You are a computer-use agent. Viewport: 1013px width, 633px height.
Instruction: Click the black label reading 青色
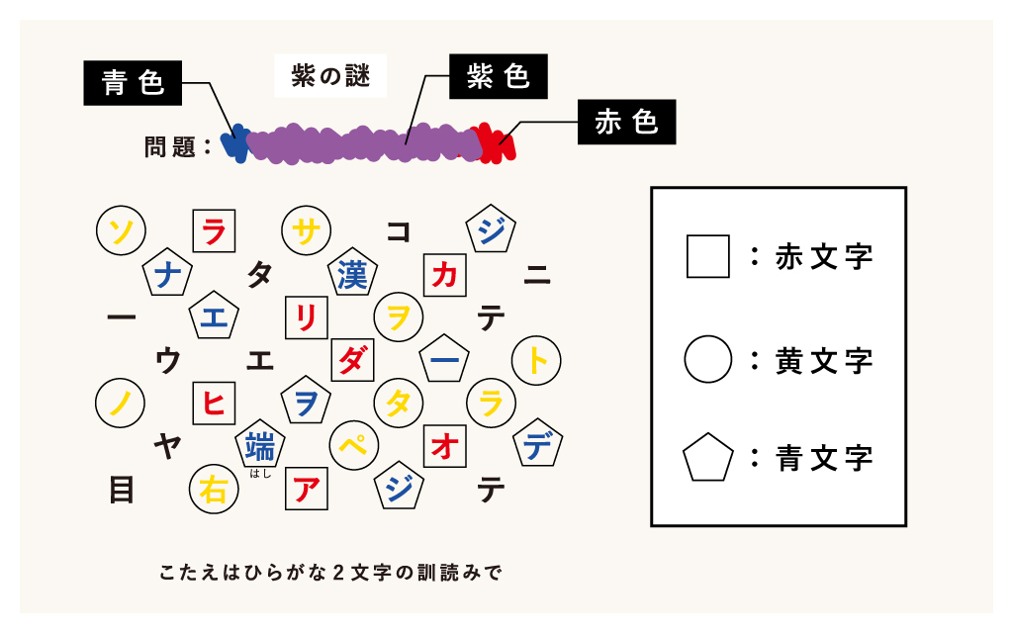pyautogui.click(x=133, y=83)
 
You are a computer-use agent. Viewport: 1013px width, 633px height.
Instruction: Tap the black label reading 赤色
pyautogui.click(x=626, y=122)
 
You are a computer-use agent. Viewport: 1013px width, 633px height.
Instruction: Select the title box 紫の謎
pyautogui.click(x=330, y=75)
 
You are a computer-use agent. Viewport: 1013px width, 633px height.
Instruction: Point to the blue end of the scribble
pyautogui.click(x=235, y=142)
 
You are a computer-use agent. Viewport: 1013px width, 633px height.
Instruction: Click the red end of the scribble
pyautogui.click(x=499, y=142)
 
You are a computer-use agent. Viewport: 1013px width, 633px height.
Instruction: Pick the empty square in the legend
pyautogui.click(x=708, y=256)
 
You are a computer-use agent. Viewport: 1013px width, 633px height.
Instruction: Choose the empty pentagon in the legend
pyautogui.click(x=708, y=458)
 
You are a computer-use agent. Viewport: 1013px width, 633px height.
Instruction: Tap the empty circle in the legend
pyautogui.click(x=708, y=359)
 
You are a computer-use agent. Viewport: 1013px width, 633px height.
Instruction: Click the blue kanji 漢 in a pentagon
pyautogui.click(x=352, y=273)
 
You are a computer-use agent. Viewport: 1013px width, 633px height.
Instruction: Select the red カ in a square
pyautogui.click(x=444, y=275)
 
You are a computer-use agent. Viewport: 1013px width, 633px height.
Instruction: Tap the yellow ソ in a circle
pyautogui.click(x=121, y=229)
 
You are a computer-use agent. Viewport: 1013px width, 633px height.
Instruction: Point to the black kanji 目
pyautogui.click(x=122, y=489)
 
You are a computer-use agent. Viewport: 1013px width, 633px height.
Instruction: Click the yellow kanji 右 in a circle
pyautogui.click(x=214, y=489)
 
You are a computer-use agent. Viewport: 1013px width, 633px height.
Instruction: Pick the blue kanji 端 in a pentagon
pyautogui.click(x=260, y=444)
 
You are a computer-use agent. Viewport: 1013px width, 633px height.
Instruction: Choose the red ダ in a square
pyautogui.click(x=352, y=360)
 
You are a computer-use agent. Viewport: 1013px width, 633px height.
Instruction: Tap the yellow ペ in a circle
pyautogui.click(x=353, y=446)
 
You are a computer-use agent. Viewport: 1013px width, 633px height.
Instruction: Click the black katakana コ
pyautogui.click(x=399, y=231)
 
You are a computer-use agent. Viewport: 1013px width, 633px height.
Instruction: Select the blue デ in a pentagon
pyautogui.click(x=537, y=444)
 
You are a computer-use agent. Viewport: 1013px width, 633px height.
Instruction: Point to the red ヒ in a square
pyautogui.click(x=214, y=404)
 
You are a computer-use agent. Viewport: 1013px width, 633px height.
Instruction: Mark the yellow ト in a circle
pyautogui.click(x=536, y=360)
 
